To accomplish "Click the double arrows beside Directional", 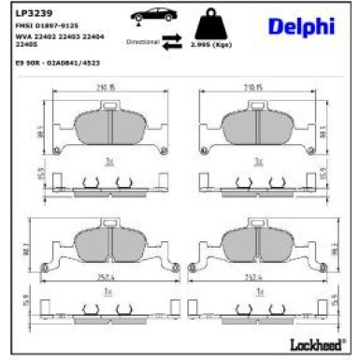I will (170, 41).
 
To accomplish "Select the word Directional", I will (140, 41).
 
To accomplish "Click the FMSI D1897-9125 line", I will (49, 28).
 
